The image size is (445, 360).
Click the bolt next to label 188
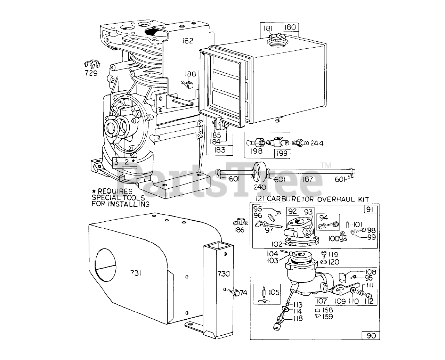[188, 84]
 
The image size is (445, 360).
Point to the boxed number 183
[219, 150]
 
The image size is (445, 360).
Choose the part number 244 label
[316, 143]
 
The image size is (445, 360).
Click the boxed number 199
[282, 153]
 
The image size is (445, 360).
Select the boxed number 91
[370, 209]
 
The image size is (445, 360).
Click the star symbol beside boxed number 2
[133, 161]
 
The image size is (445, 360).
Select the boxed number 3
[116, 162]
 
